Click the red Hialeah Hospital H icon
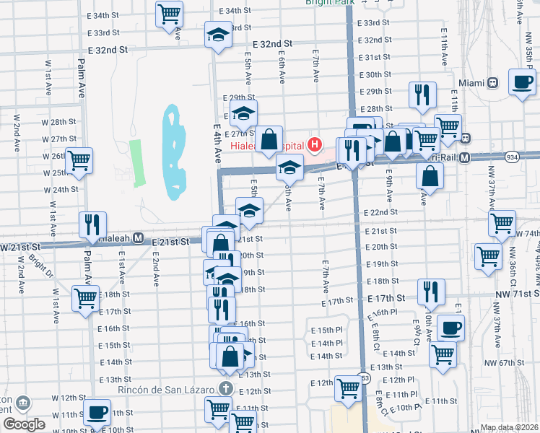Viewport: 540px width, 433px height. click(x=314, y=144)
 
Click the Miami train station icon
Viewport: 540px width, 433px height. click(x=495, y=82)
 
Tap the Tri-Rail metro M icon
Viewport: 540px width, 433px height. click(x=465, y=157)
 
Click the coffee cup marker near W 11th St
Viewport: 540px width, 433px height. click(x=96, y=414)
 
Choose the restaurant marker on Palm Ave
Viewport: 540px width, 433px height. click(x=92, y=224)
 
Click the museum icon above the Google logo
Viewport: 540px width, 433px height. click(x=22, y=402)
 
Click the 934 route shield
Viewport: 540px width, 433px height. click(x=511, y=157)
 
